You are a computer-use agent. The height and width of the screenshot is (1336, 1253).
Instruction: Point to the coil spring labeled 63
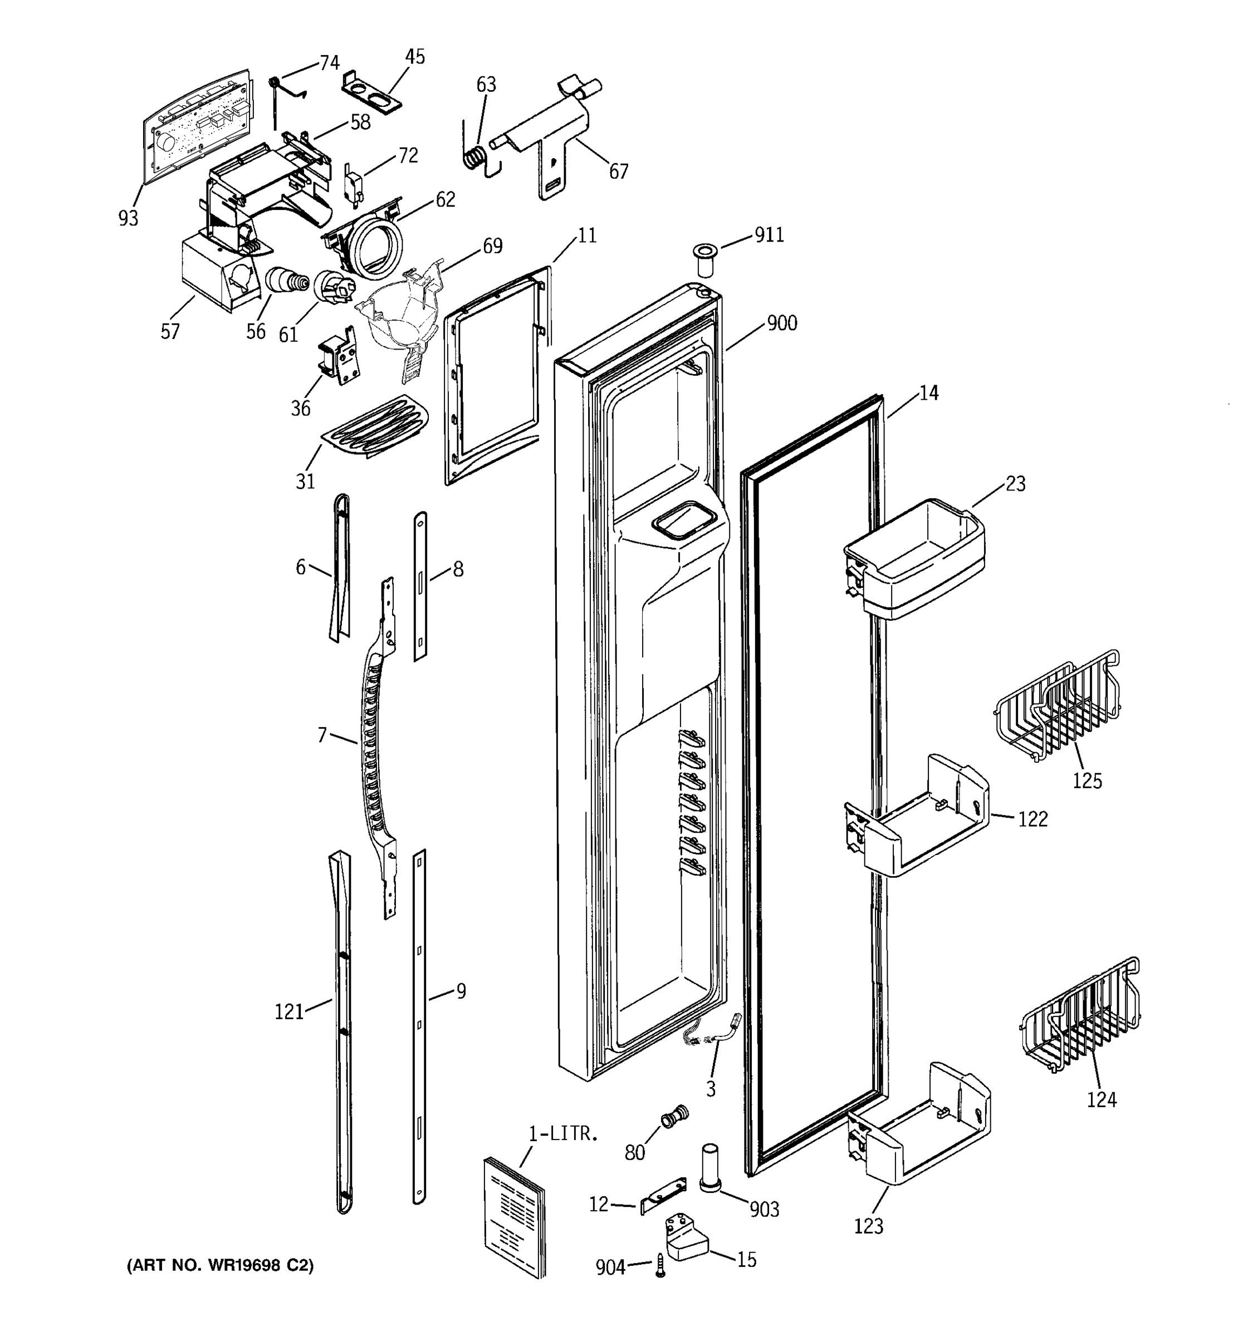point(477,159)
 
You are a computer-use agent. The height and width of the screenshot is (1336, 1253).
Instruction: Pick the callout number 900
point(782,323)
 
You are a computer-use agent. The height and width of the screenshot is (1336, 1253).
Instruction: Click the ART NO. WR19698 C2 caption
point(220,1265)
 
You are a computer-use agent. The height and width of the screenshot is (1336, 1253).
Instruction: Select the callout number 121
point(289,1011)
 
